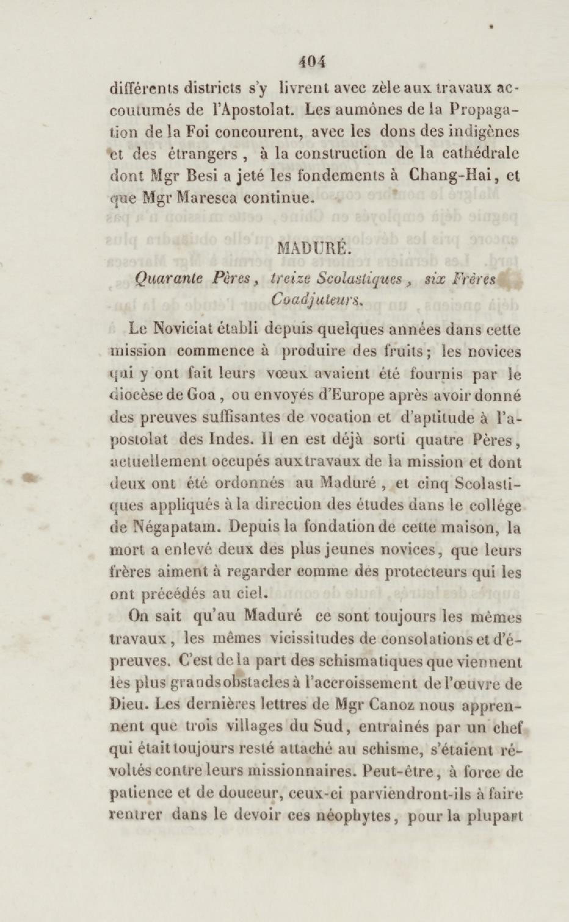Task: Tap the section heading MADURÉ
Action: (x=311, y=250)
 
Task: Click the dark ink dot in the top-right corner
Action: (x=491, y=27)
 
